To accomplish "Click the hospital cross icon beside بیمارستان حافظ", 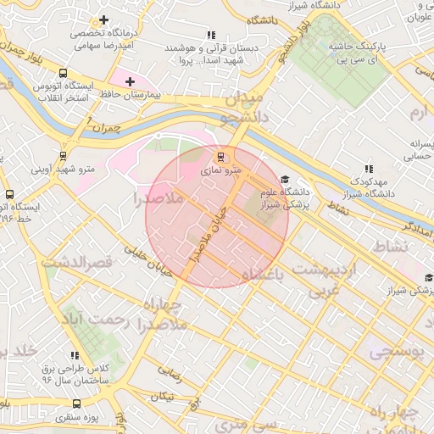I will pos(129,82).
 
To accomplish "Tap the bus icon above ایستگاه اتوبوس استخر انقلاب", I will pos(64,73).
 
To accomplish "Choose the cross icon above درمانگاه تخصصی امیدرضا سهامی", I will pos(103,19).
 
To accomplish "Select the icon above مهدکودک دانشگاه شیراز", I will pos(368,169).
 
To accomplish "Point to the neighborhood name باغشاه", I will pos(264,275).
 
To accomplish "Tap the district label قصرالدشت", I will pos(77,263).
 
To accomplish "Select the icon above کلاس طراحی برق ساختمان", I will pos(75,355).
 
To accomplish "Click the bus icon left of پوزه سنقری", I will pos(50,418).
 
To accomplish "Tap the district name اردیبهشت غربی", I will pos(326,280).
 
